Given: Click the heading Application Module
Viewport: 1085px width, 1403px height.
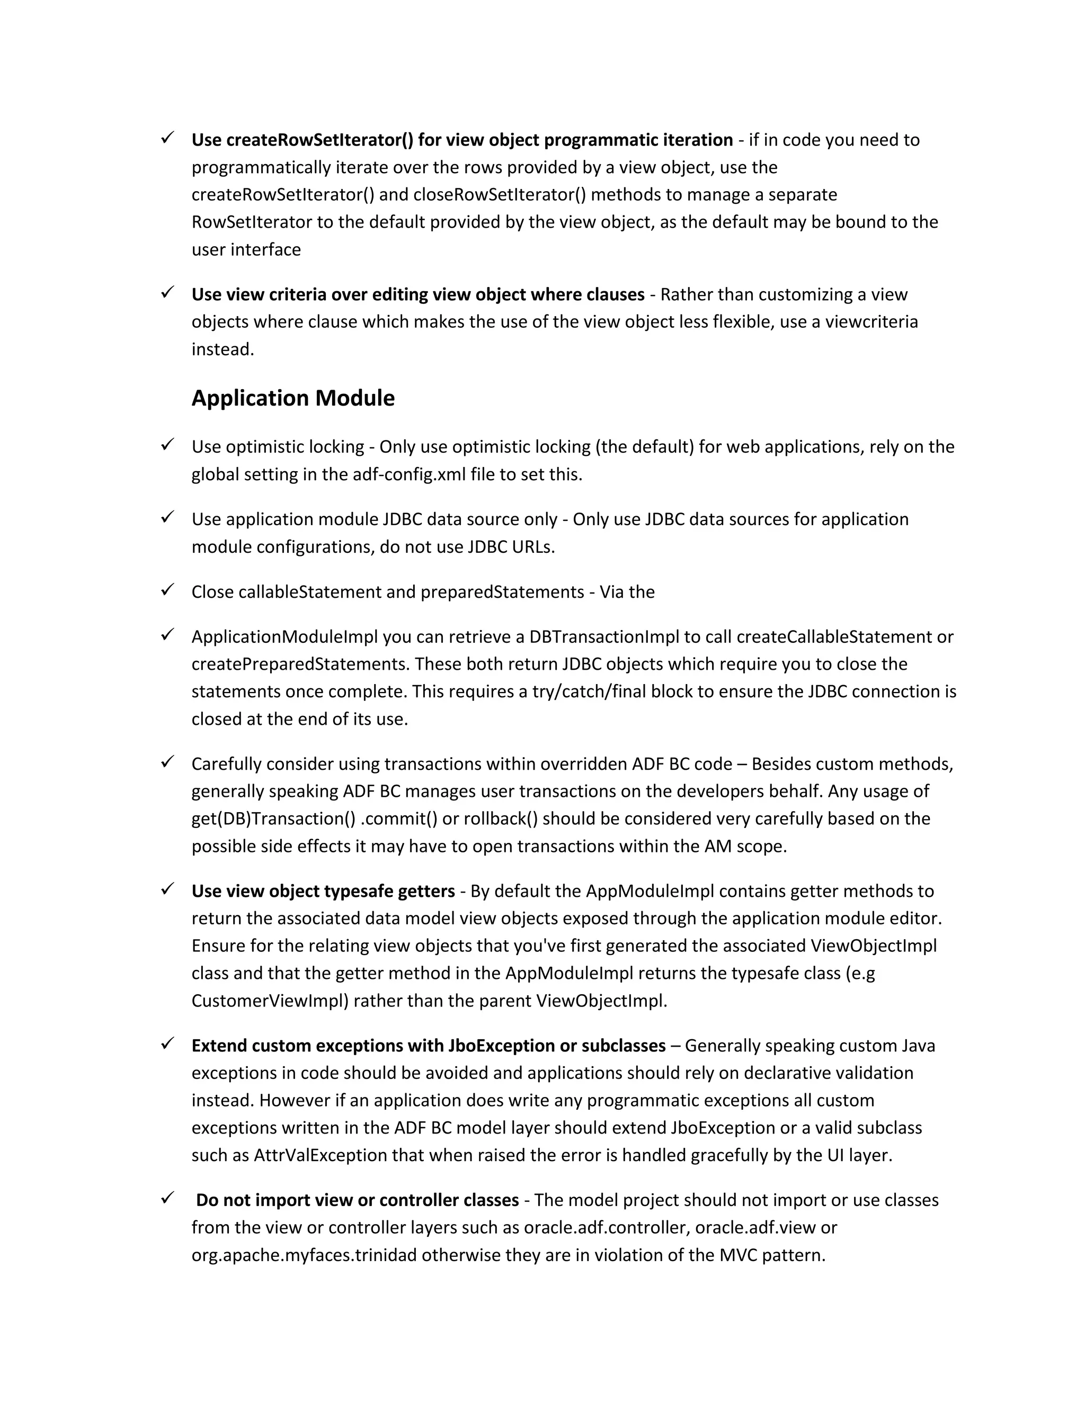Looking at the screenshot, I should pos(292,398).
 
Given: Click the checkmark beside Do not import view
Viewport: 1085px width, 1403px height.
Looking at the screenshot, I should pos(168,1198).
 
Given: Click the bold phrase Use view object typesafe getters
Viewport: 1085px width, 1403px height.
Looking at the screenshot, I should pos(323,892).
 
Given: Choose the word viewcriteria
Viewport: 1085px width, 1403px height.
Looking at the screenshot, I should pos(871,322).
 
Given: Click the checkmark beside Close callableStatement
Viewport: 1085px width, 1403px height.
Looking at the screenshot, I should pos(168,590).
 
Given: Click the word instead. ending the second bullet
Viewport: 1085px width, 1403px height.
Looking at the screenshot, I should pos(223,349).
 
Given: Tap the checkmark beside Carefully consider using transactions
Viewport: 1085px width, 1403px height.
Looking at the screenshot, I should pos(168,762).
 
